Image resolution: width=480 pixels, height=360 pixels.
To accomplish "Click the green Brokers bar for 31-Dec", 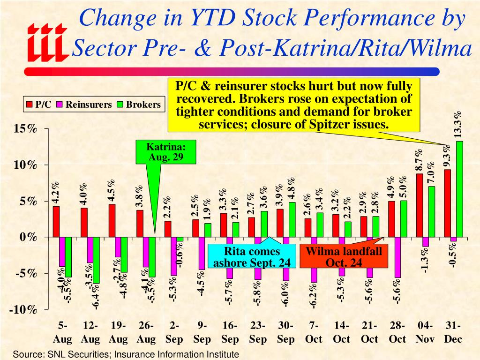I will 459,189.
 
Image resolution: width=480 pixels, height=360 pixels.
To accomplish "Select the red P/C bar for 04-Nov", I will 420,205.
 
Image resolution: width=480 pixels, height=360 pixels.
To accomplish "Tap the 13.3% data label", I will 458,124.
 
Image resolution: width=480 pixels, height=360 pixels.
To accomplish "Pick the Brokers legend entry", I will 139,105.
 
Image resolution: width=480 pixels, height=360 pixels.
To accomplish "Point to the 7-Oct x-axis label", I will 314,332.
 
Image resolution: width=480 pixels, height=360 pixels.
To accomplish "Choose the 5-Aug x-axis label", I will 62,332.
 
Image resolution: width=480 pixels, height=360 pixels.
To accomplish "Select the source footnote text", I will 126,354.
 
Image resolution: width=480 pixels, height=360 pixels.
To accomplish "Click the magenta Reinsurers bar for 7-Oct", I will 314,260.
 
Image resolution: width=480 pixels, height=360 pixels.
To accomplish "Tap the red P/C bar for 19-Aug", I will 112,221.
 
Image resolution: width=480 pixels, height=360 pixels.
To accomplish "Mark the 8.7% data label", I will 419,160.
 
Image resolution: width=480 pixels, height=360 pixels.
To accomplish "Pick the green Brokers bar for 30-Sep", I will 292,220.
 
